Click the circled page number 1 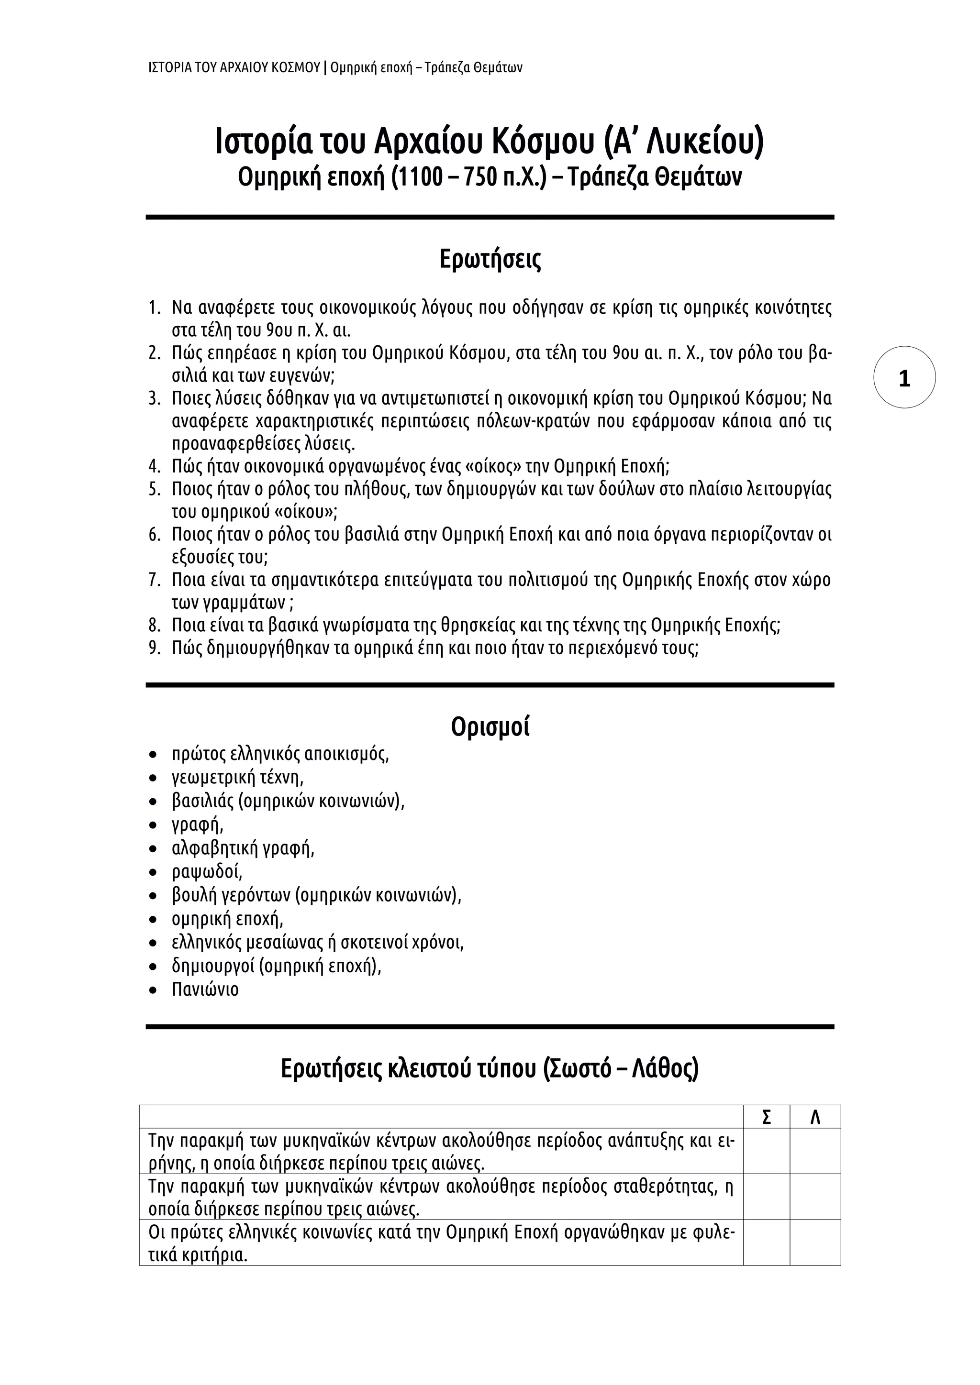(904, 378)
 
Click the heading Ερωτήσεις (490, 259)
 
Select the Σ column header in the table (767, 1117)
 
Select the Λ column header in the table (814, 1117)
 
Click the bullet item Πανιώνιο (205, 989)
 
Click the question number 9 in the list (155, 649)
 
